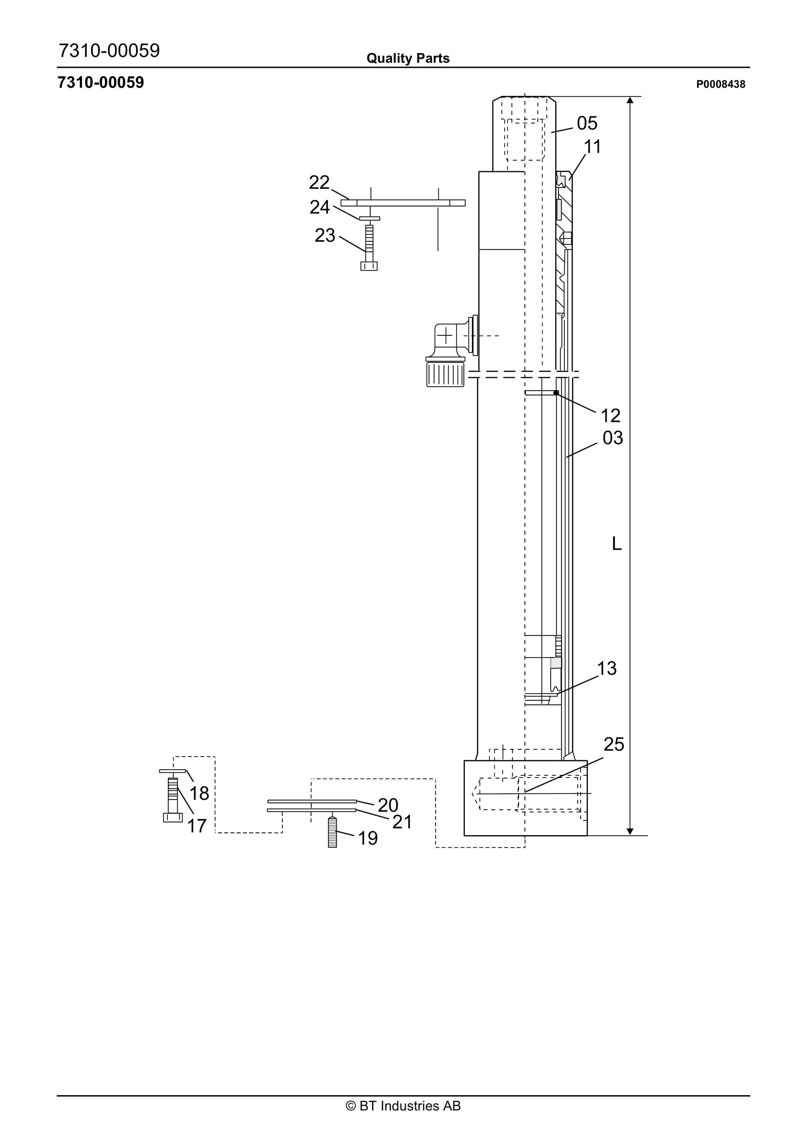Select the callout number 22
(x=319, y=182)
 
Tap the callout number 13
(x=607, y=669)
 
